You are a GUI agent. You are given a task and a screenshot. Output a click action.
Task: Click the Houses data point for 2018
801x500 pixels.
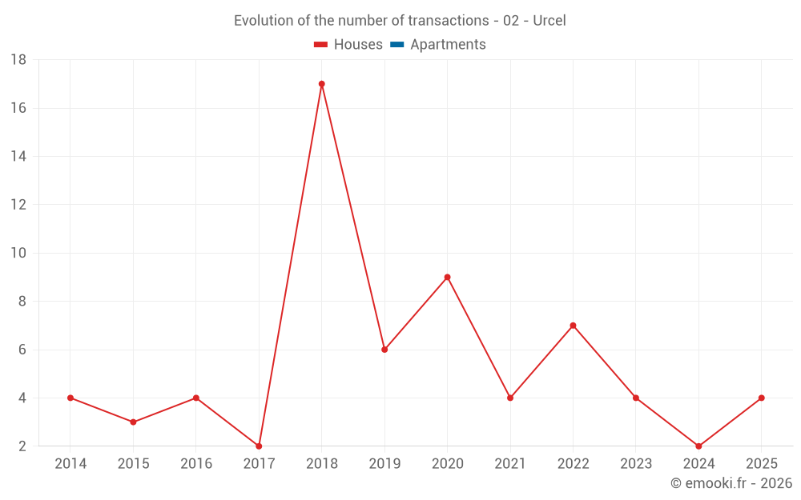[x=321, y=84]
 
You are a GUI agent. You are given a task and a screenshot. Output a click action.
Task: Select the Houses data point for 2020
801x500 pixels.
[x=447, y=278]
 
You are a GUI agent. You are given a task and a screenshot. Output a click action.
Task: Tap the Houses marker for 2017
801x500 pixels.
[x=259, y=446]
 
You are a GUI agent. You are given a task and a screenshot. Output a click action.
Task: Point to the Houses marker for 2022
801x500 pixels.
[x=573, y=326]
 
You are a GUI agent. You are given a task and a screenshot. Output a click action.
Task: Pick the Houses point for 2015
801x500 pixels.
[x=133, y=422]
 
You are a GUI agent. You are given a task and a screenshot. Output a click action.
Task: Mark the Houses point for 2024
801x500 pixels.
[x=698, y=446]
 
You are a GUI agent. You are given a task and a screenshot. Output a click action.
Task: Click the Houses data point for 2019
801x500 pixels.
[x=384, y=350]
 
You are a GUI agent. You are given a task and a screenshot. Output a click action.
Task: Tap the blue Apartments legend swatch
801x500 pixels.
[x=396, y=45]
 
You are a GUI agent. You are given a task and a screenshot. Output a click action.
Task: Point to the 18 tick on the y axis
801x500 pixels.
[x=18, y=60]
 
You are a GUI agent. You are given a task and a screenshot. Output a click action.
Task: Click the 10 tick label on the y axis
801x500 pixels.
[x=18, y=253]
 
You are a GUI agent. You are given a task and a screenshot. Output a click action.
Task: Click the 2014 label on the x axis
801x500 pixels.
[x=70, y=464]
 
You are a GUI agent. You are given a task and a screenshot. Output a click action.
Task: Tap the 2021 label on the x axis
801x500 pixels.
[x=510, y=464]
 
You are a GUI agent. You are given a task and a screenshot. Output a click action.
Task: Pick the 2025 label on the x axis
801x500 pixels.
[x=761, y=464]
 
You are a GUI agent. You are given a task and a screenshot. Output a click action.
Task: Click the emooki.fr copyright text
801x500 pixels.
[x=731, y=483]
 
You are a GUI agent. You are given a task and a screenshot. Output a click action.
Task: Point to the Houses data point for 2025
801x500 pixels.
[x=761, y=398]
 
